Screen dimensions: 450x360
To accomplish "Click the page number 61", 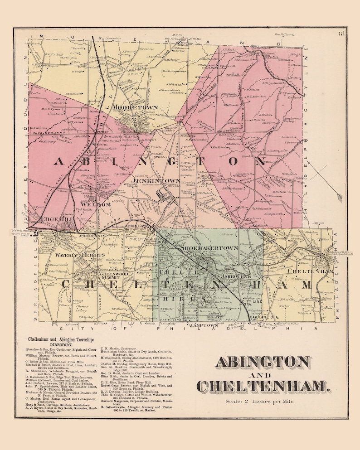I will tap(341, 33).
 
